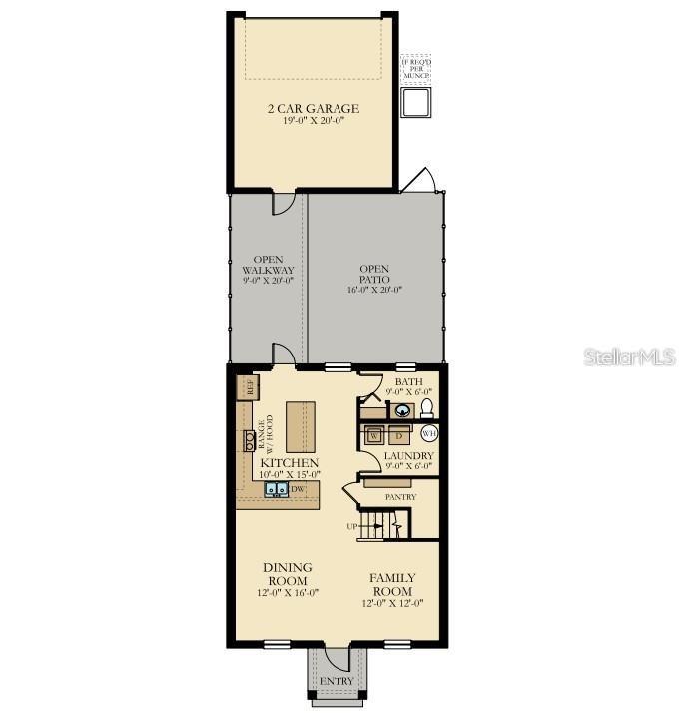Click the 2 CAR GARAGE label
click(314, 109)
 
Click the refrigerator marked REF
click(246, 386)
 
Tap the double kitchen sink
click(277, 489)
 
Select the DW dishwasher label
click(297, 489)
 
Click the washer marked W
click(372, 436)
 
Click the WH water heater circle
click(429, 433)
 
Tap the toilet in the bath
click(425, 409)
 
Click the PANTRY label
click(400, 496)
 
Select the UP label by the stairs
click(351, 526)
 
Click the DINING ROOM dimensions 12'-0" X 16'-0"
click(287, 592)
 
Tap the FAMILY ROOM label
click(392, 584)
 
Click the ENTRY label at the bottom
click(338, 681)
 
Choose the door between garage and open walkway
click(284, 201)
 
